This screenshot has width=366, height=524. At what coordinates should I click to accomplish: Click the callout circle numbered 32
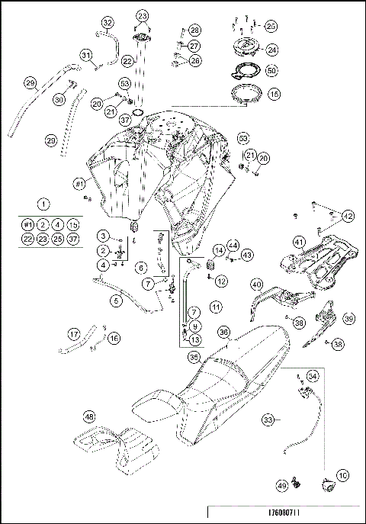108,22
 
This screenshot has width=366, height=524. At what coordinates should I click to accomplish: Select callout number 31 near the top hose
86,54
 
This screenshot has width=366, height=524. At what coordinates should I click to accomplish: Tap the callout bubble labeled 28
195,30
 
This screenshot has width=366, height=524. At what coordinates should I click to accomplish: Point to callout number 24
271,50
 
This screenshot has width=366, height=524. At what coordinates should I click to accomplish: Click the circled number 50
272,70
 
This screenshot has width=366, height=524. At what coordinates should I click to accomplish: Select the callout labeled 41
299,240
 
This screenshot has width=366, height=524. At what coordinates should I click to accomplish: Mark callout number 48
90,417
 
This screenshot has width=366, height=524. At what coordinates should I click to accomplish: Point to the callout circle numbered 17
74,333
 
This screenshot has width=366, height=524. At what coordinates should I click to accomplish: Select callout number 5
116,301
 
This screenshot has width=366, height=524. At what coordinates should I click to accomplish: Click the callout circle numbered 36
223,332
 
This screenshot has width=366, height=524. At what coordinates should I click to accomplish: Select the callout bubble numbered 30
59,99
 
